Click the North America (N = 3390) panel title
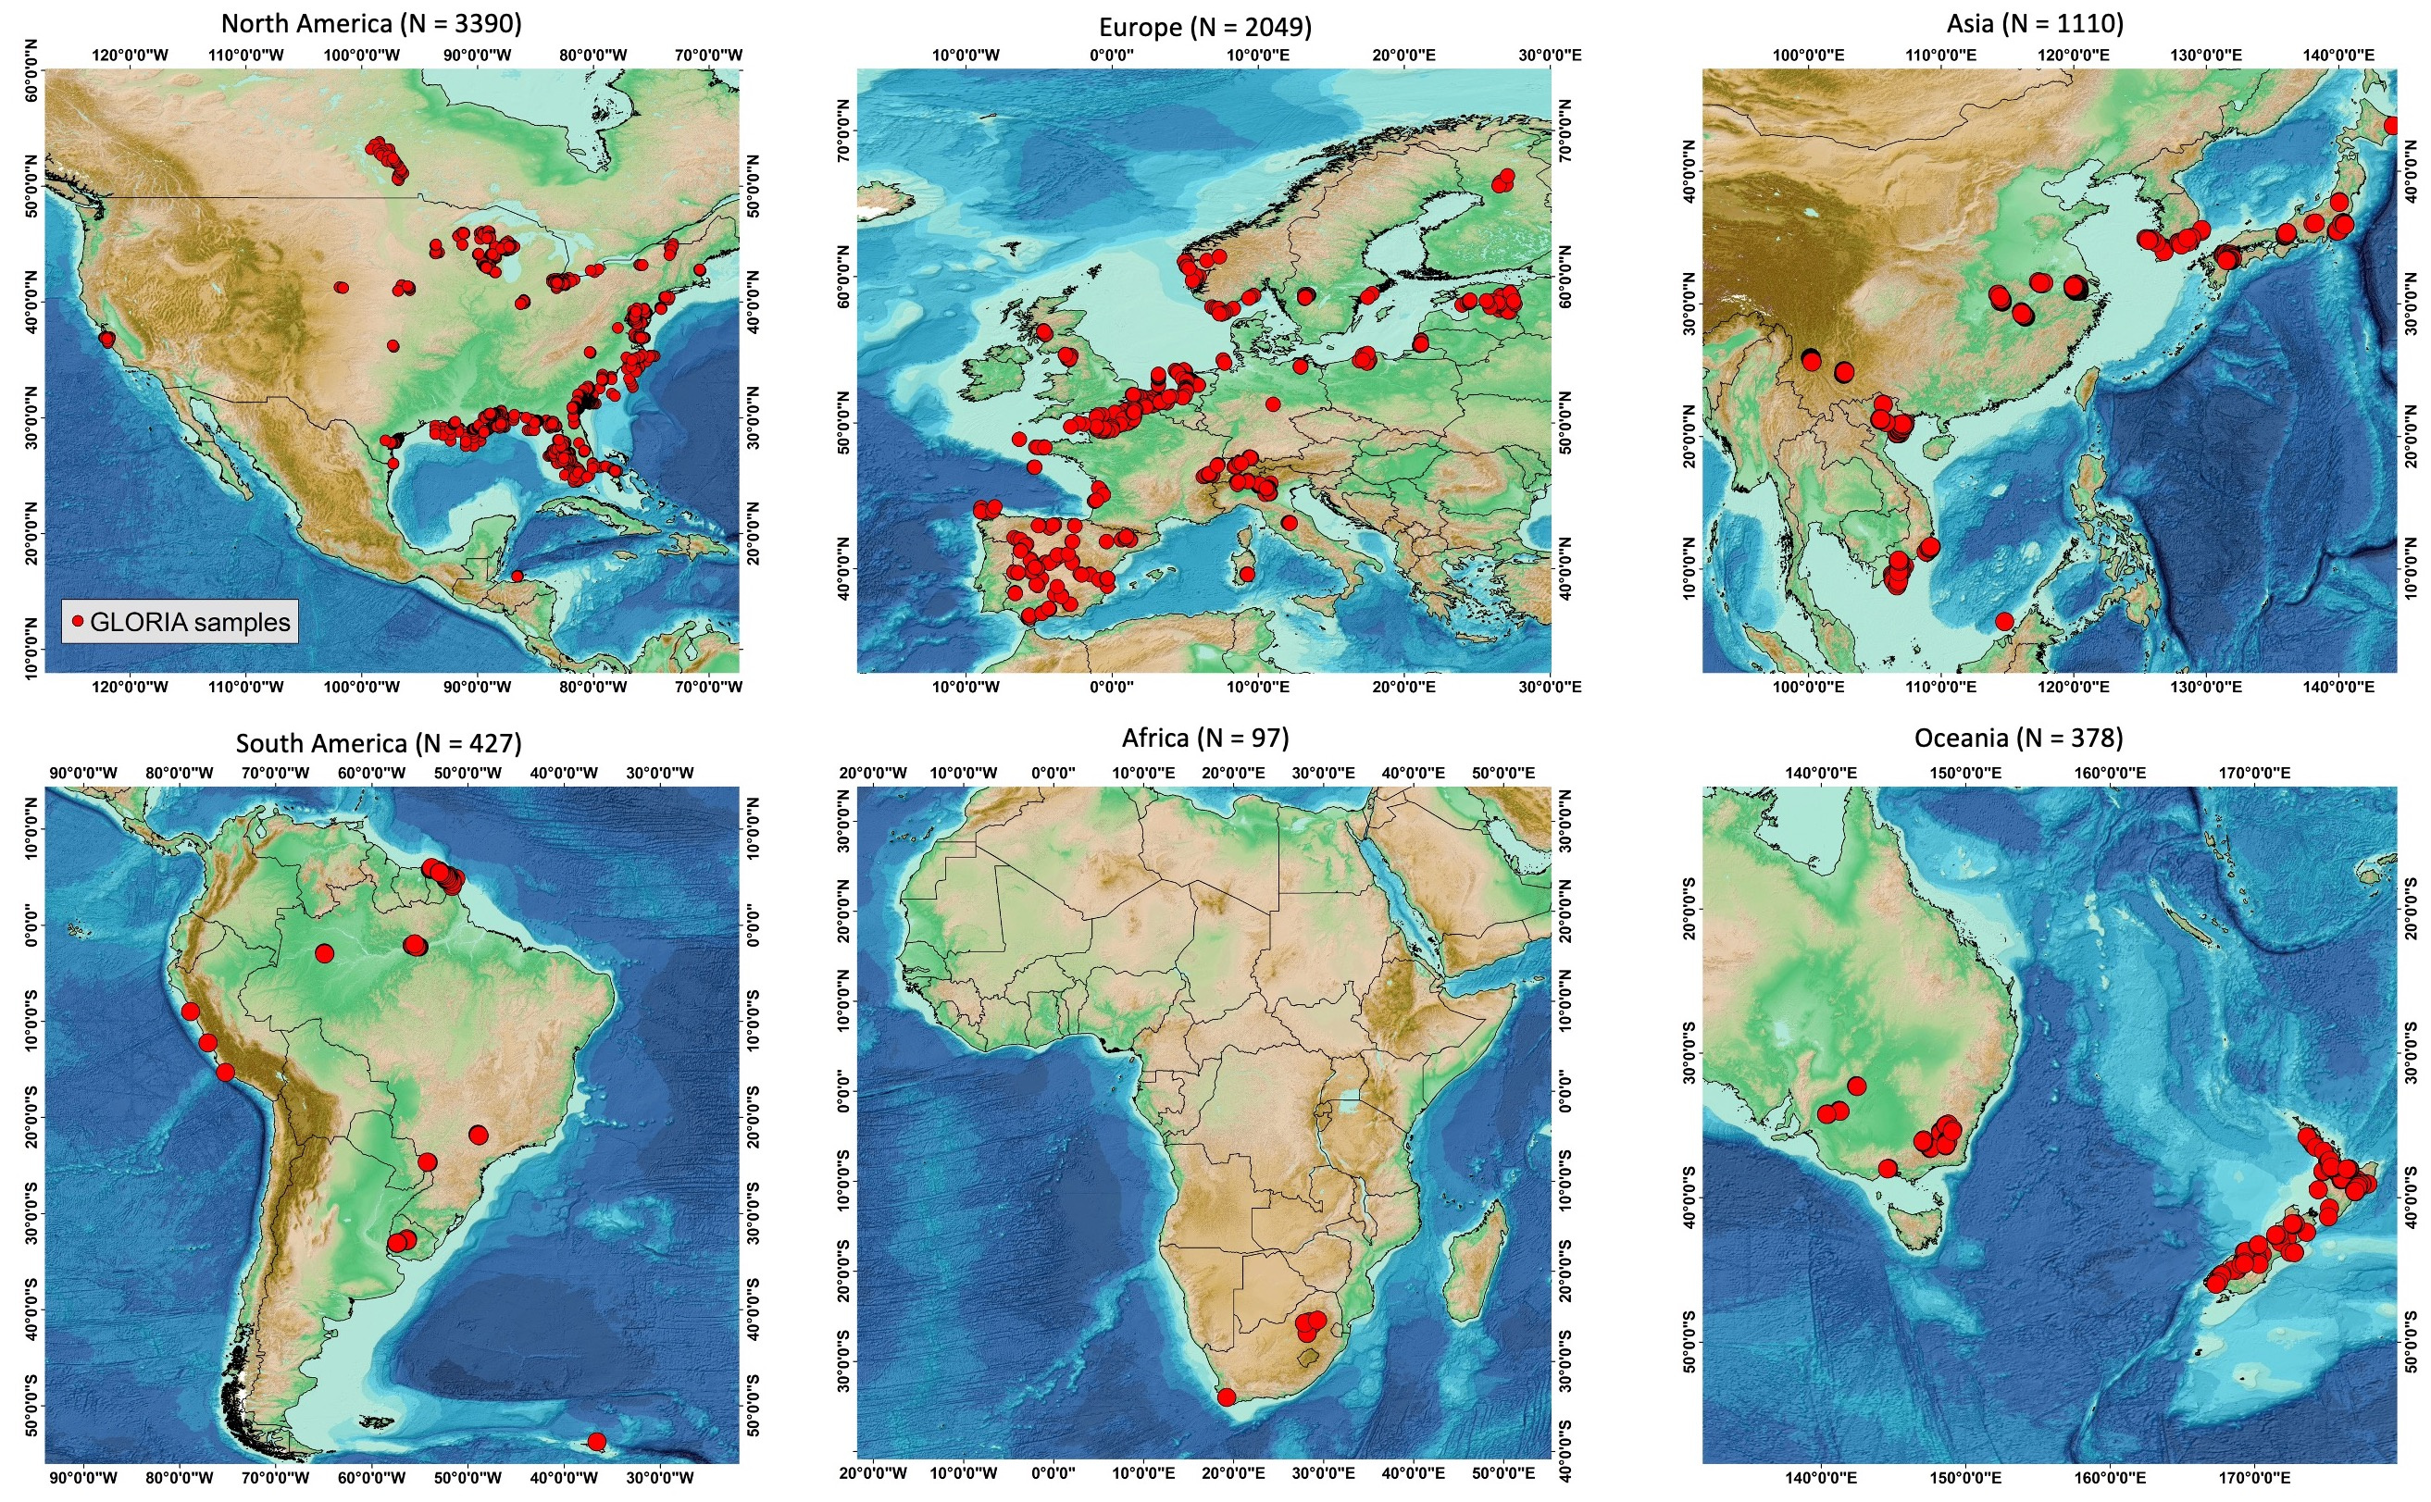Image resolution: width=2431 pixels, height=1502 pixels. tap(370, 23)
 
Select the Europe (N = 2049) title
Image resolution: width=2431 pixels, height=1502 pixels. tap(1204, 27)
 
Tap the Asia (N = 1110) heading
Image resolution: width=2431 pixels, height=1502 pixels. tap(2036, 23)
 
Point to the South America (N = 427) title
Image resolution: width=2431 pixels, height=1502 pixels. tap(378, 743)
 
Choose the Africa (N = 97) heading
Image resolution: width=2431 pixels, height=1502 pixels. tap(1204, 739)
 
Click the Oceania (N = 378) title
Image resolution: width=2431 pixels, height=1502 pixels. tap(2018, 739)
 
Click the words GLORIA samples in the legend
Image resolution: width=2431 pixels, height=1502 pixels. tap(190, 622)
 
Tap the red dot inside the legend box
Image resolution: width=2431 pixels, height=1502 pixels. tap(78, 621)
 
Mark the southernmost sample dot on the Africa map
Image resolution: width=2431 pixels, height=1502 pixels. tap(1226, 1396)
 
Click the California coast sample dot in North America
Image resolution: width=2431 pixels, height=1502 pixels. tap(106, 339)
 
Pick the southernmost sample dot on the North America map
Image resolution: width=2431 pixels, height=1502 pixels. tap(517, 577)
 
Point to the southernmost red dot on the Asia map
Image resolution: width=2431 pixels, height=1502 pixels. tap(2004, 622)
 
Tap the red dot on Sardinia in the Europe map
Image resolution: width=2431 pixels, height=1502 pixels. tap(1248, 574)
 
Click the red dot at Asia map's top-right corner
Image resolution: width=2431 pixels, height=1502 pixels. tap(2391, 126)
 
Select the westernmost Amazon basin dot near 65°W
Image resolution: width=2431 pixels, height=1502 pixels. tap(324, 953)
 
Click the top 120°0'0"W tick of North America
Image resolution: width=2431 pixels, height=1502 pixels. tap(131, 55)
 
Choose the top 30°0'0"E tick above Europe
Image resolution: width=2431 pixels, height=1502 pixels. tap(1549, 55)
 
